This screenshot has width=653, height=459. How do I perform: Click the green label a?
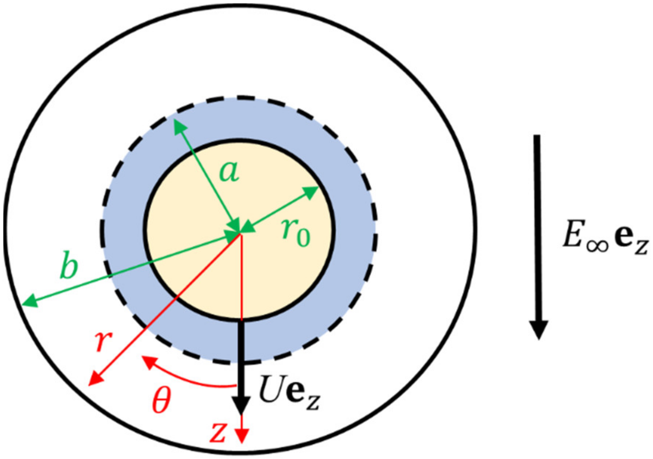[229, 172]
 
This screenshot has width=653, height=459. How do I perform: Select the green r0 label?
[295, 234]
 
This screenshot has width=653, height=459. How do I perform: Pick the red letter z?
[218, 433]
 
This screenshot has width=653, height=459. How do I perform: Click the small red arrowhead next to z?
[242, 436]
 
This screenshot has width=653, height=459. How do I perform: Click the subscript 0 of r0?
[303, 239]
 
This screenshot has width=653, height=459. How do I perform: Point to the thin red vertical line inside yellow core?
[242, 278]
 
